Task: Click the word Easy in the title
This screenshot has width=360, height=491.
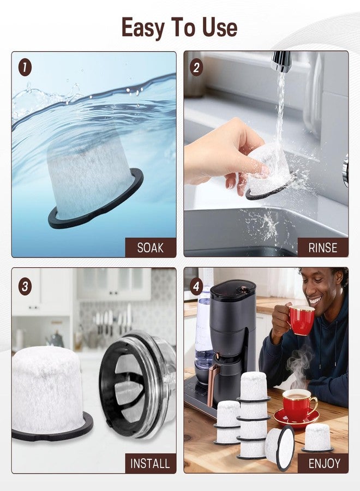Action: coord(143,28)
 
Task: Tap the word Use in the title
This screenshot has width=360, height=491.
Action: coord(220,27)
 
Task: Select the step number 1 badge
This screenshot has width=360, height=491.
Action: coord(25,67)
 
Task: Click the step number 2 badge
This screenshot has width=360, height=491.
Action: coord(196,67)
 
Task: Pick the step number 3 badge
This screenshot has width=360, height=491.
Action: coord(25,286)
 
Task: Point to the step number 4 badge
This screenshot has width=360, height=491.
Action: coord(196,286)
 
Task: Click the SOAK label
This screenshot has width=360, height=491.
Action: coord(151,248)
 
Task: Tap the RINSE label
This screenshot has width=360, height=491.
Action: coord(323,248)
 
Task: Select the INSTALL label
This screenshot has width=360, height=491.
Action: coord(150,463)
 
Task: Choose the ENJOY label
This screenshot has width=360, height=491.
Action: coord(325,463)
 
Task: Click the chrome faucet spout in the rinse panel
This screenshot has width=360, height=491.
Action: coord(281,61)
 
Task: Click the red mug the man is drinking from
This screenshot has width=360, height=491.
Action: coord(301,320)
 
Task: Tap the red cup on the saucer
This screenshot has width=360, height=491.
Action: coord(299,405)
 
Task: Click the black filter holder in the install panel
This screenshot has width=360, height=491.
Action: coord(138,385)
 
